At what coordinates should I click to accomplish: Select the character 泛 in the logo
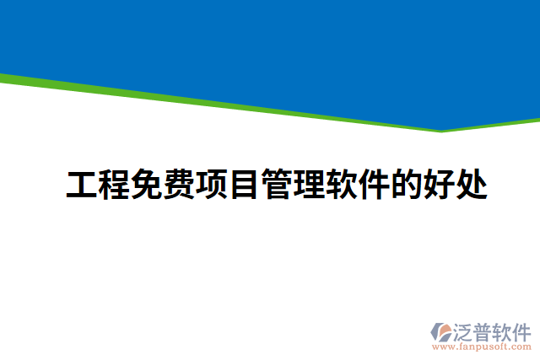[x=463, y=330]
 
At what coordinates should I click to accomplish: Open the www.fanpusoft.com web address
[x=481, y=347]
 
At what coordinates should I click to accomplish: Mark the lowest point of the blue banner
[x=441, y=130]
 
